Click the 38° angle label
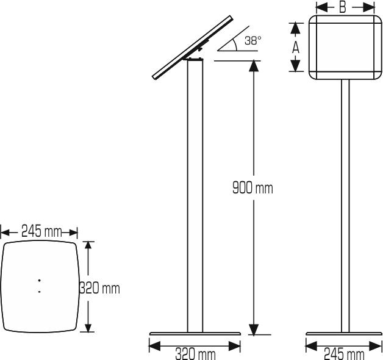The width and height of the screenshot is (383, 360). pyautogui.click(x=252, y=41)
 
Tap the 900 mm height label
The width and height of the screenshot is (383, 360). pyautogui.click(x=252, y=188)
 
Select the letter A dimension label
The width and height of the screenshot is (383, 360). pyautogui.click(x=296, y=48)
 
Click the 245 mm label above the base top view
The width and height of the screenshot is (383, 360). pyautogui.click(x=40, y=231)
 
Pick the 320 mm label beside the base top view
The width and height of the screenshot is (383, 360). pyautogui.click(x=100, y=287)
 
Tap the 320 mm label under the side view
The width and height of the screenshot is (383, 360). pyautogui.click(x=195, y=353)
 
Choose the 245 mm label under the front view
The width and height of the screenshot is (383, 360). pyautogui.click(x=344, y=353)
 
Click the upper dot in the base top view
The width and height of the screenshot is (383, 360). pyautogui.click(x=40, y=280)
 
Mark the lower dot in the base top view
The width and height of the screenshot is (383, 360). pyautogui.click(x=40, y=292)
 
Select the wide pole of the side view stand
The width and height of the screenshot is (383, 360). pyautogui.click(x=195, y=195)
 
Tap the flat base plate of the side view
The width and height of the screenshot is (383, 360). pyautogui.click(x=195, y=334)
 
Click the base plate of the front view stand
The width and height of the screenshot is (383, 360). pyautogui.click(x=345, y=334)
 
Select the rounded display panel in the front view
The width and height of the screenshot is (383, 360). pyautogui.click(x=345, y=47)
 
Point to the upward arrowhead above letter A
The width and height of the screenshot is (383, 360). pyautogui.click(x=296, y=27)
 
